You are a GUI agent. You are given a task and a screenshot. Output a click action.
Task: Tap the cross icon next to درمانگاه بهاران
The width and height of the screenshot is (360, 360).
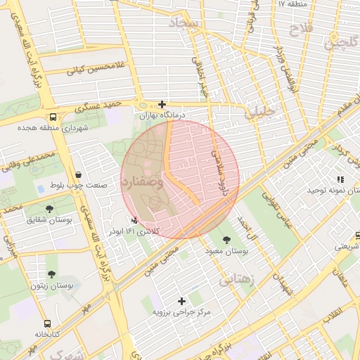[162, 103]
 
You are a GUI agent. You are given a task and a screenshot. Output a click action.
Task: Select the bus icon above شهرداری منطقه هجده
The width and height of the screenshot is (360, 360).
[53, 117]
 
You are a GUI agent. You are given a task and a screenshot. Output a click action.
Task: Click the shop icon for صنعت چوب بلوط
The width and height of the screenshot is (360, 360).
[77, 174]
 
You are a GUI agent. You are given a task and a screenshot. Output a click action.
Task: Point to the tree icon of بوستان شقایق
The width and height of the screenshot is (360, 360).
[49, 209]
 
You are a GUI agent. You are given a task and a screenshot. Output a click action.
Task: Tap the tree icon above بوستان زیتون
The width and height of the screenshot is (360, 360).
[51, 274]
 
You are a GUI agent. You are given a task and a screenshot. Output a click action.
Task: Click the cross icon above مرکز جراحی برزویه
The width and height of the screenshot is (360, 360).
[182, 300]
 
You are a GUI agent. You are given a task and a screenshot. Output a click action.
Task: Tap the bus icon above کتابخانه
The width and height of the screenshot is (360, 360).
[47, 323]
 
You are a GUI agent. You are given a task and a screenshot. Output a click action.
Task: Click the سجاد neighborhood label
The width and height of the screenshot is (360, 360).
[204, 23]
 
